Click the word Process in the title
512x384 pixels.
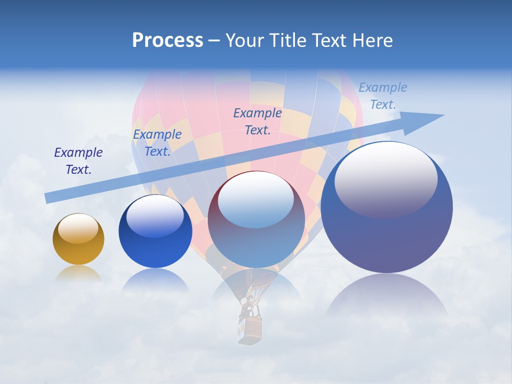pos(167,41)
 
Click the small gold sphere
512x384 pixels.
pos(78,239)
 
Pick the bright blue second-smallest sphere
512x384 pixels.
pos(155,231)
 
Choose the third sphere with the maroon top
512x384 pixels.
pos(256,220)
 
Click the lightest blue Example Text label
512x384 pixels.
pos(383,95)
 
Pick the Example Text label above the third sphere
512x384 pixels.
pos(258,121)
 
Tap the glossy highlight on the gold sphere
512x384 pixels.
pos(78,228)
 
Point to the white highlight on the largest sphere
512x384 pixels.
pos(386,179)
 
